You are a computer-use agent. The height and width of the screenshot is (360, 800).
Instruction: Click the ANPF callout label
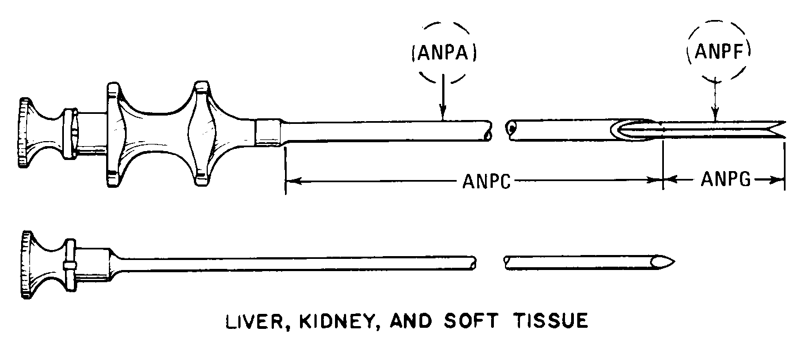[x=718, y=54]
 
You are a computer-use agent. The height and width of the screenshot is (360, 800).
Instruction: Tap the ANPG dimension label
[x=726, y=179]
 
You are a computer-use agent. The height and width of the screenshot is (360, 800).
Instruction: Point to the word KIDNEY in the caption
[x=299, y=322]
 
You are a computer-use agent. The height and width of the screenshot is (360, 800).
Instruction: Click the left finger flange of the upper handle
[x=114, y=133]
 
